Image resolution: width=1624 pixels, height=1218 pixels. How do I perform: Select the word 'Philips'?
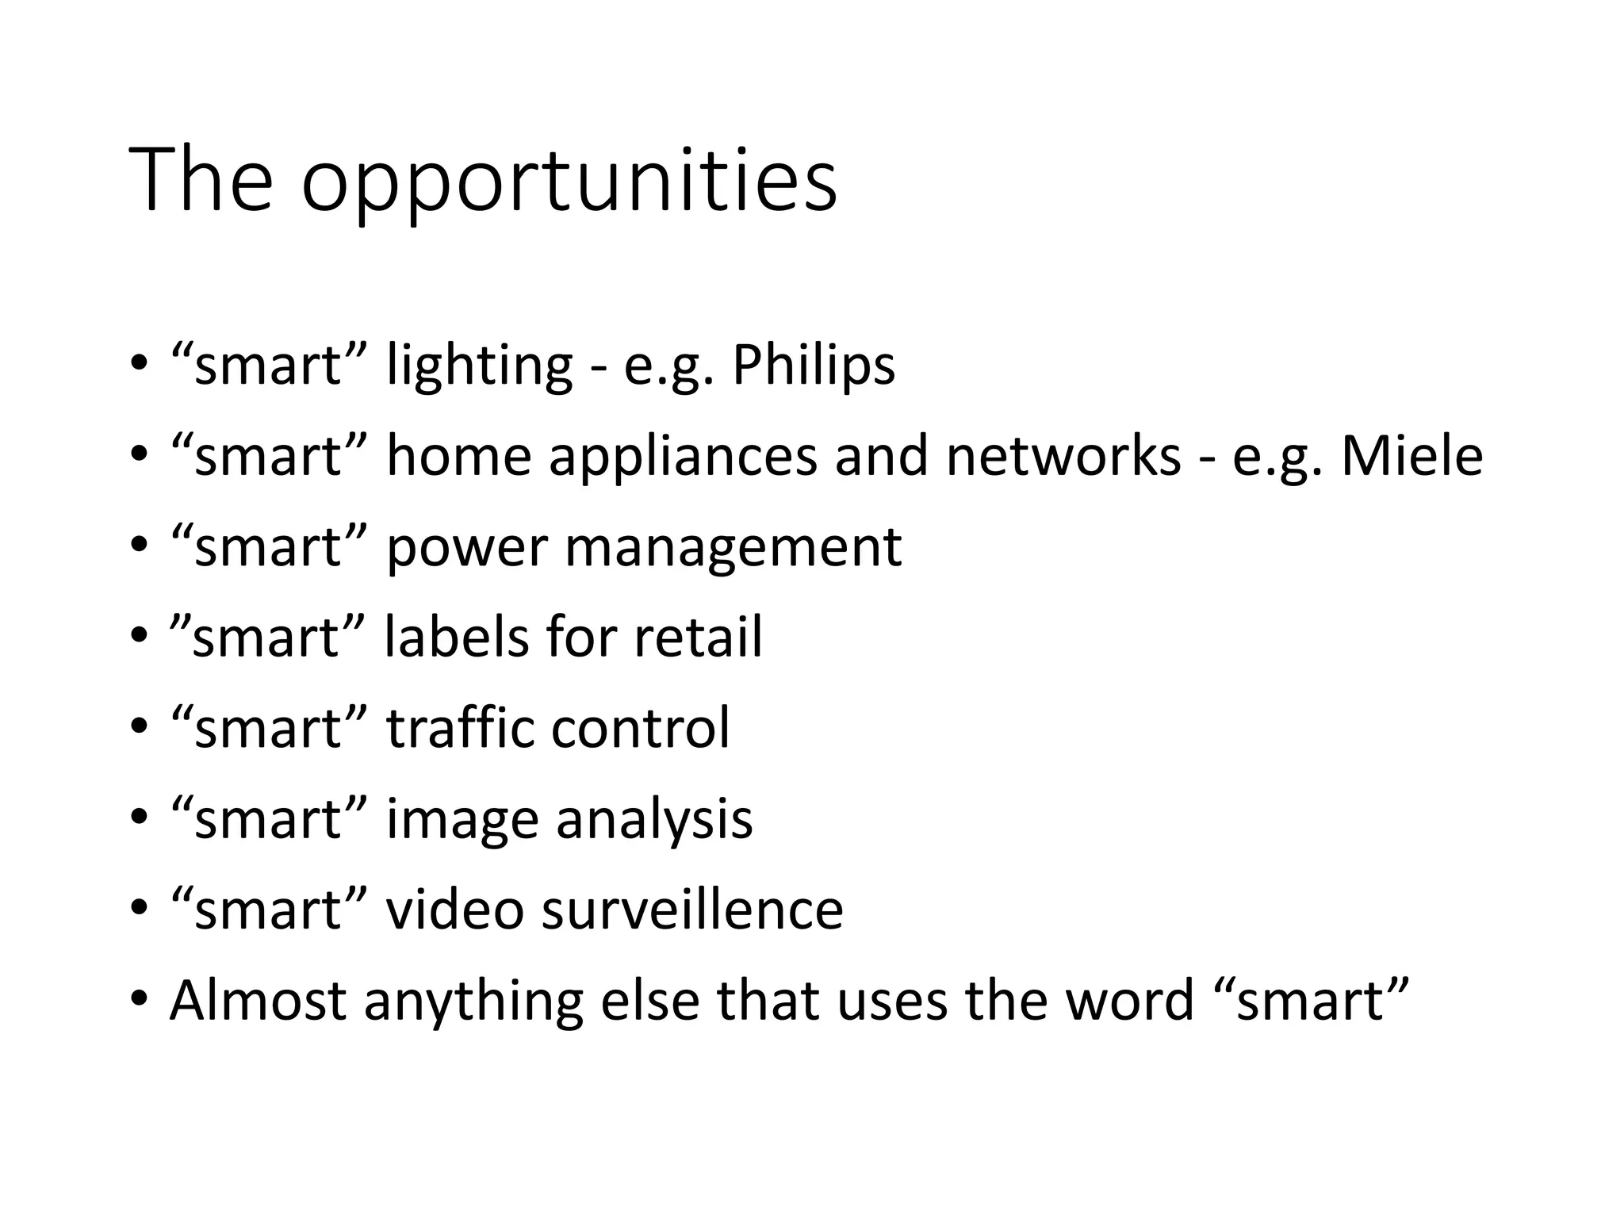813,366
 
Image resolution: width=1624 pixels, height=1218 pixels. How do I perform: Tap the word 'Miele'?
1411,457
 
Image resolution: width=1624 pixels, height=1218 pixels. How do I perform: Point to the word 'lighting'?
479,367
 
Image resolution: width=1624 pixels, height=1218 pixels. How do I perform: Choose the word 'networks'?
1063,457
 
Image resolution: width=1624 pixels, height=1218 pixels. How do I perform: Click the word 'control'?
640,728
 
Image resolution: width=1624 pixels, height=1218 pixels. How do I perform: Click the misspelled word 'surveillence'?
692,910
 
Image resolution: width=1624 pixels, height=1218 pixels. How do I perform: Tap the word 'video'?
454,910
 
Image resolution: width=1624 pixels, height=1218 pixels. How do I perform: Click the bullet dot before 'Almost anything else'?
140,998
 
